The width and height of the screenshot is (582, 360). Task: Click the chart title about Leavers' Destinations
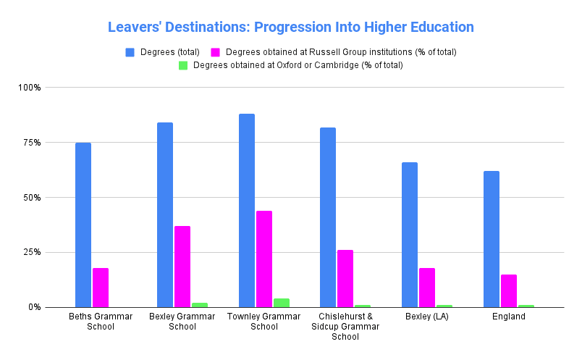pos(290,28)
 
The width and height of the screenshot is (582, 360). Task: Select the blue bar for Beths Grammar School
pos(83,225)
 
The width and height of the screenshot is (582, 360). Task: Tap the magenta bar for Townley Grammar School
pos(263,259)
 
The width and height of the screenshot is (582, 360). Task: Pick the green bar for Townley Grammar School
pos(281,303)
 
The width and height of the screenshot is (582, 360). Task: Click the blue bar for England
pos(492,239)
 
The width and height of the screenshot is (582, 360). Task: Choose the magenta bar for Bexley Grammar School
pos(182,267)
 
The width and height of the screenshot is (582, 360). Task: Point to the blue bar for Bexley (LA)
pos(410,235)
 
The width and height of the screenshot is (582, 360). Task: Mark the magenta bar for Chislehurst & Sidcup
pos(345,278)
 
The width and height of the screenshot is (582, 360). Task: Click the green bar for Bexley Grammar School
pos(200,305)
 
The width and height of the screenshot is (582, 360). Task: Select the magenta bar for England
pos(509,290)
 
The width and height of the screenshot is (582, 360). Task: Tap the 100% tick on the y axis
pos(30,88)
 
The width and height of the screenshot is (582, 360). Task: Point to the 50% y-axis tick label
pos(32,198)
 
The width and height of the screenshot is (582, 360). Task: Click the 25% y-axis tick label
pos(32,253)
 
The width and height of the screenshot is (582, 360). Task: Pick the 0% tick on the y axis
pos(35,307)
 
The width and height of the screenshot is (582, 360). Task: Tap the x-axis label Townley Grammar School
pos(263,322)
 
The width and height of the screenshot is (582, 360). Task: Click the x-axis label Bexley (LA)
pos(427,317)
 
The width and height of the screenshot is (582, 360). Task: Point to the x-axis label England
pos(508,317)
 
